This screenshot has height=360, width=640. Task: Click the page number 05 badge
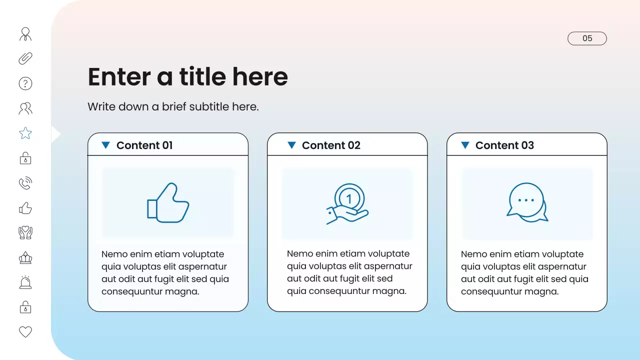[x=587, y=38]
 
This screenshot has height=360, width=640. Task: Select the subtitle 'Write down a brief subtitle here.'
[x=173, y=106]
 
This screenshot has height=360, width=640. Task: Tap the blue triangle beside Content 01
[x=105, y=145]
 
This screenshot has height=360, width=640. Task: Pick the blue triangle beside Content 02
[x=291, y=145]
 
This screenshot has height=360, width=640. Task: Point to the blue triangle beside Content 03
[x=465, y=145]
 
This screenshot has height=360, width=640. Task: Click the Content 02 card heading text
[x=331, y=145]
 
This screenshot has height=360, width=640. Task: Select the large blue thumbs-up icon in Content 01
[x=168, y=202]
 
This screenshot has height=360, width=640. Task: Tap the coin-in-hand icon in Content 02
[x=347, y=203]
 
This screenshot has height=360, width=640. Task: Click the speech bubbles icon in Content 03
[x=527, y=202]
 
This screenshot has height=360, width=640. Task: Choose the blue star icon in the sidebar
[x=25, y=133]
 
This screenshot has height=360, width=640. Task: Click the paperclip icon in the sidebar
[x=25, y=58]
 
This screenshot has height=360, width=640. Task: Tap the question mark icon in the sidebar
[x=25, y=83]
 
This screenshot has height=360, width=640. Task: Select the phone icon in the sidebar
[x=25, y=183]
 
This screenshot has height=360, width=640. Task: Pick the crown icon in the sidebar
[x=25, y=258]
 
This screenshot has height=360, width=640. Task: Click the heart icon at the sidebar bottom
[x=25, y=331]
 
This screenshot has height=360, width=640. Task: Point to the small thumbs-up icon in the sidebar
[x=25, y=208]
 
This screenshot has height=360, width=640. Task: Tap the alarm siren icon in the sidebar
[x=25, y=282]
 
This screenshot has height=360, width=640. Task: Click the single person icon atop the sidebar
[x=25, y=34]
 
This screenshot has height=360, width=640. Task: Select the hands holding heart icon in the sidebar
[x=25, y=232]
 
